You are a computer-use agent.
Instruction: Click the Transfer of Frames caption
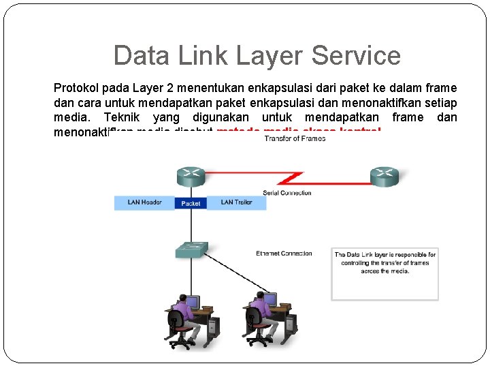tap(295, 138)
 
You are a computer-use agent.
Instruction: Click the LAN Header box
tap(144, 202)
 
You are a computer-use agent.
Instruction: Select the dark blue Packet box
tap(191, 203)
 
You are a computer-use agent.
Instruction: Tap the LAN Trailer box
tap(237, 202)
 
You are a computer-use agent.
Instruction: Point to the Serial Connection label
tap(287, 193)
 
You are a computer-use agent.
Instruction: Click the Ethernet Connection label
tap(284, 254)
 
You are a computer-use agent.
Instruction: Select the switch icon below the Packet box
tap(191, 249)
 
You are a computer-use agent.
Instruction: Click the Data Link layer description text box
tap(385, 273)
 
